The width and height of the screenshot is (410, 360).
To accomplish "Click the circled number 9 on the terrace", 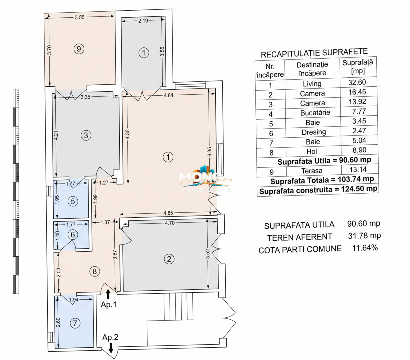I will click(x=78, y=48).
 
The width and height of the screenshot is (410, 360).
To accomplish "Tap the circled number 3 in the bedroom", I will click(x=86, y=135).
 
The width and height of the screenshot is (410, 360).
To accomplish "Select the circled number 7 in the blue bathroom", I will click(x=75, y=323).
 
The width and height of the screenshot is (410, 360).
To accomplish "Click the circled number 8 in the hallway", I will click(x=94, y=271).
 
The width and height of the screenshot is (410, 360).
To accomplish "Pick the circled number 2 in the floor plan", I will click(x=170, y=259).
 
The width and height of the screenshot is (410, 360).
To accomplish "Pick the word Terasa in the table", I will click(x=312, y=171).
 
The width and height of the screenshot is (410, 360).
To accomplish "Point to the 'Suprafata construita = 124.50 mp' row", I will click(x=318, y=189).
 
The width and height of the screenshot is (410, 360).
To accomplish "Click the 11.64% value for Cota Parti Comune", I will click(x=363, y=248).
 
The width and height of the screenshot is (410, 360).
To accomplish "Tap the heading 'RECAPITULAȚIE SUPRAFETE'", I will click(x=315, y=52).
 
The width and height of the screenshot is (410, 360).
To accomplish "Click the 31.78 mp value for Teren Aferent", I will click(x=363, y=236).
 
